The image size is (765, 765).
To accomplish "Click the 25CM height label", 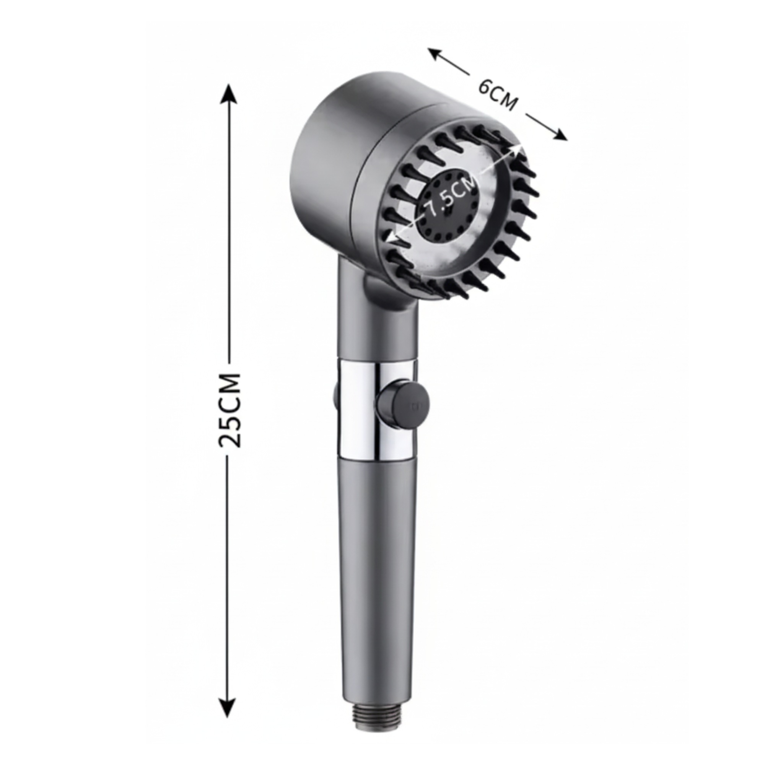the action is pos(229,410).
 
